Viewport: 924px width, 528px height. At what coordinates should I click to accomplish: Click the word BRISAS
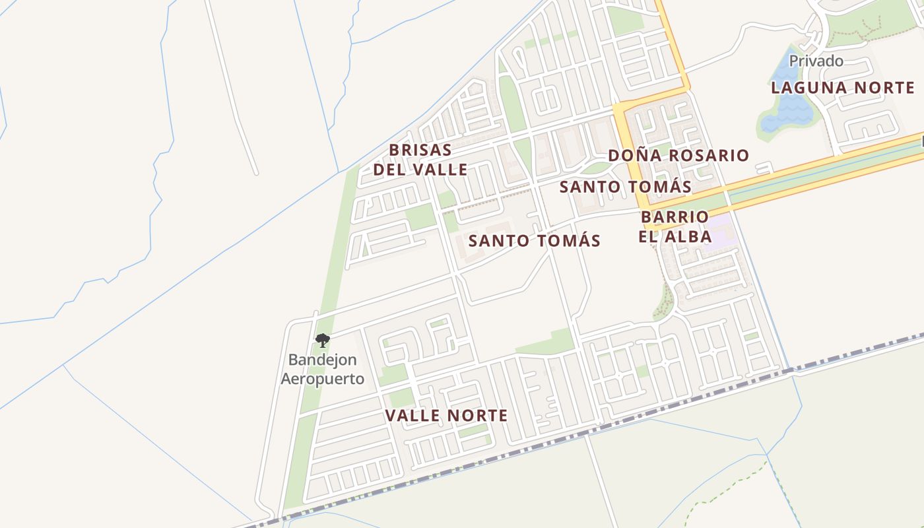point(420,150)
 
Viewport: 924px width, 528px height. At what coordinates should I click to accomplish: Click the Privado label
point(816,61)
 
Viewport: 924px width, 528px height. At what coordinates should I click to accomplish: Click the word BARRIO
point(675,216)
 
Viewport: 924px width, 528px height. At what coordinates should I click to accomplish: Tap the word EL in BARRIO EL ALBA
point(649,236)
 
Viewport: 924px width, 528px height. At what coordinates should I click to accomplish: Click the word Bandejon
point(322,360)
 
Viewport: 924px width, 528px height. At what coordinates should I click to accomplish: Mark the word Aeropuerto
point(322,379)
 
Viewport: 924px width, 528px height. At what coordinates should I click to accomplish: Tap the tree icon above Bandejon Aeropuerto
point(322,341)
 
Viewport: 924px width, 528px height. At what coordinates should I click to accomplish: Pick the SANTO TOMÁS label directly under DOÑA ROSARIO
point(625,187)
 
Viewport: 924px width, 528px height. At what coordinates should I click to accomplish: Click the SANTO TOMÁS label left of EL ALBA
point(534,241)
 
